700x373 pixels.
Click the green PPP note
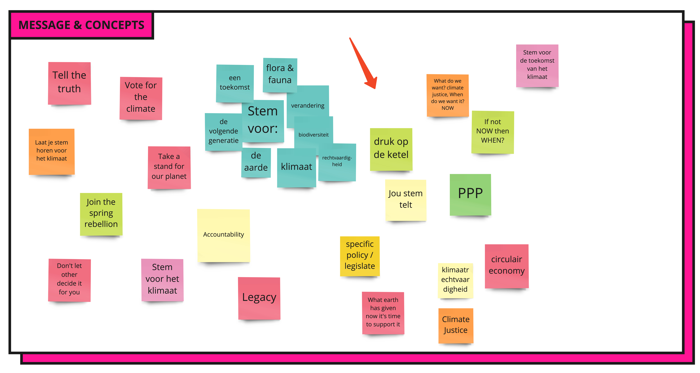[x=470, y=195]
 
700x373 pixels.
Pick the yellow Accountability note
[x=223, y=235]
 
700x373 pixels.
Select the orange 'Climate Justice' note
[x=456, y=325]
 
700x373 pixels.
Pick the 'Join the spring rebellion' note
[x=101, y=214]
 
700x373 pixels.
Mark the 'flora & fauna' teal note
[x=280, y=75]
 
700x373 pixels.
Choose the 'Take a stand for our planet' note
[x=169, y=167]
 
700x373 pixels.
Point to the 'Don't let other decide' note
[x=69, y=280]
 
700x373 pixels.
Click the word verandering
[x=308, y=105]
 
